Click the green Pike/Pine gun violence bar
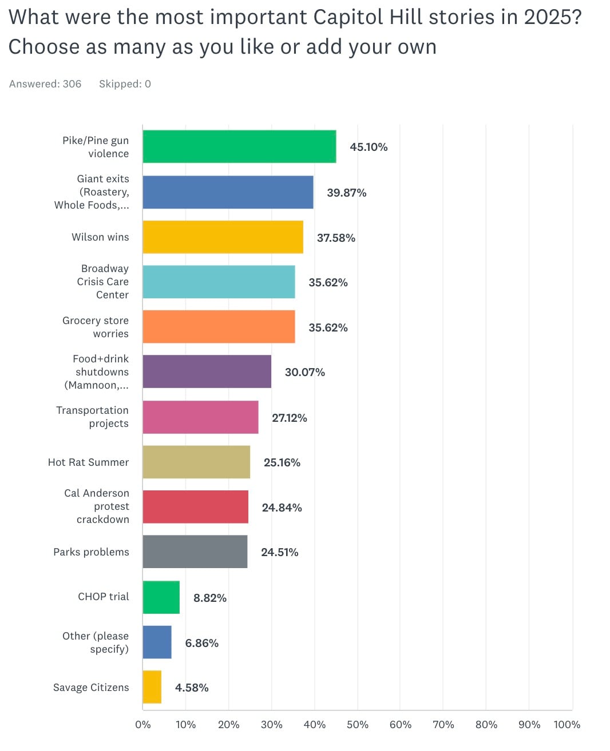[x=239, y=147]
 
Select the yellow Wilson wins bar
[x=223, y=237]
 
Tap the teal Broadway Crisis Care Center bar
[x=219, y=282]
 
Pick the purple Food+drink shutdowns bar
[x=207, y=372]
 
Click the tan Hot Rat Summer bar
[x=196, y=462]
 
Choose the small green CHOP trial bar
[x=161, y=597]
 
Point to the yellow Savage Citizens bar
[x=152, y=687]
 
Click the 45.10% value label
[x=369, y=147]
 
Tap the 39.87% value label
[x=346, y=193]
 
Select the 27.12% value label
[x=289, y=418]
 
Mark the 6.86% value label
[x=201, y=643]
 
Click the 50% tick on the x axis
[x=357, y=725]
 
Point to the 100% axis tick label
[x=567, y=725]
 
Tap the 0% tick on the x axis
[x=143, y=725]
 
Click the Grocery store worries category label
[x=96, y=327]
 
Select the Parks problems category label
[x=91, y=552]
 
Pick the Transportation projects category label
[x=92, y=417]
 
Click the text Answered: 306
[x=45, y=84]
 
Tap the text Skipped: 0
[x=125, y=84]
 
